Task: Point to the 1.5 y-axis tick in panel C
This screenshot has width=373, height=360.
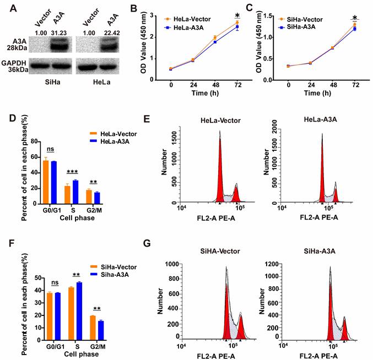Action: coord(277,15)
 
